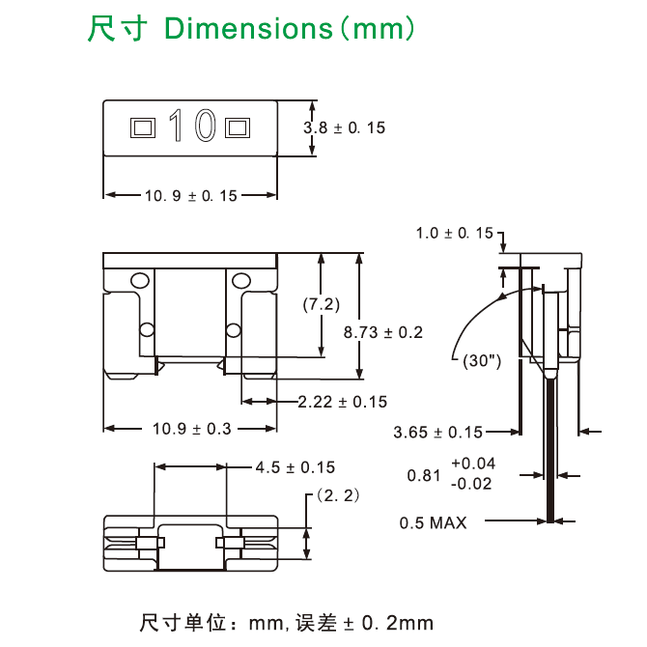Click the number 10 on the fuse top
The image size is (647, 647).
tap(190, 126)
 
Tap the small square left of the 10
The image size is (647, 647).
tap(143, 127)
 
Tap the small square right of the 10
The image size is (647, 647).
tap(237, 127)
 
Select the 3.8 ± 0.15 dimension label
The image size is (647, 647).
tap(344, 127)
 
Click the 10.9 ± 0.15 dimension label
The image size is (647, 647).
tap(190, 196)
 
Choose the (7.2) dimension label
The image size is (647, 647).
tap(321, 304)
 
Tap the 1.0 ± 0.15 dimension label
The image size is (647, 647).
tap(454, 233)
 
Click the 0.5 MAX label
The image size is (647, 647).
tap(433, 522)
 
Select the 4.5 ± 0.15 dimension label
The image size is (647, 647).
tap(295, 467)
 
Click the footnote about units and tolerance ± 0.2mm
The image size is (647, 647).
tap(287, 621)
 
